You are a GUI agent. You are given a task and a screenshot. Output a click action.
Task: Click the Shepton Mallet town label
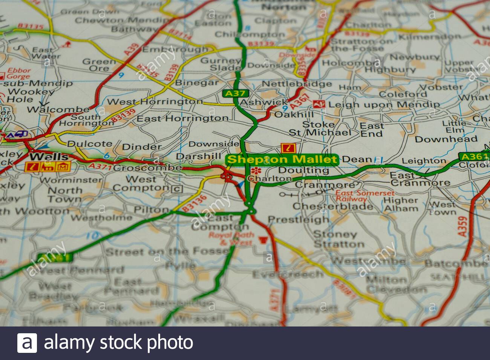tap(282, 160)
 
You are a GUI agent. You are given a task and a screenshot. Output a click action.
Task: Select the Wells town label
tap(49, 156)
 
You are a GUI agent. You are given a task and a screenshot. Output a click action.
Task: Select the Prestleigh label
tap(298, 219)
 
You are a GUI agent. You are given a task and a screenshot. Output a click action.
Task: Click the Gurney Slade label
tap(220, 64)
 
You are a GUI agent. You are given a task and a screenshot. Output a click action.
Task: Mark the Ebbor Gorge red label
tap(18, 73)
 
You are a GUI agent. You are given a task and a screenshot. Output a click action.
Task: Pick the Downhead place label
tap(446, 139)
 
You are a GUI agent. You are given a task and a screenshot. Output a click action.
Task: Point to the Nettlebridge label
tap(296, 84)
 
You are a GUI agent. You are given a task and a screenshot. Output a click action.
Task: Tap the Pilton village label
tap(152, 209)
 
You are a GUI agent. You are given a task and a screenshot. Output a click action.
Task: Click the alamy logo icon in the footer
tap(27, 343)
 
